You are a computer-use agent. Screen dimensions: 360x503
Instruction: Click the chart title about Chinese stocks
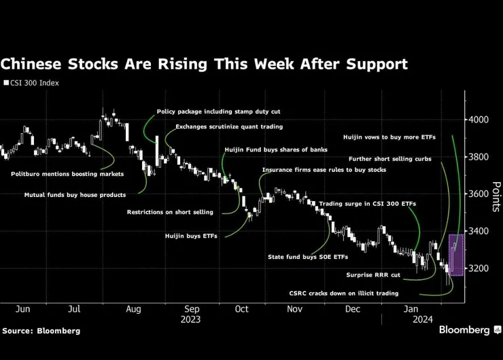[204, 65]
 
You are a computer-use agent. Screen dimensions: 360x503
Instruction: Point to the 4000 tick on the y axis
[479, 120]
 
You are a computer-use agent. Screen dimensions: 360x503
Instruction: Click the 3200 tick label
[479, 268]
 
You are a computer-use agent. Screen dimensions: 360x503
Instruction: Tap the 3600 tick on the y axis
[479, 194]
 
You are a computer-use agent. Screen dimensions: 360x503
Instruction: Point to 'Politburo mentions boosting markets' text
[67, 174]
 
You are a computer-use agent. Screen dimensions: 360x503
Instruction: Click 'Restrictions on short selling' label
[170, 212]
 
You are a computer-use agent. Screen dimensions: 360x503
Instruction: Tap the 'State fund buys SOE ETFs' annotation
[308, 257]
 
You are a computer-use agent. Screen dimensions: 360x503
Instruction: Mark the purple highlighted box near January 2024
[455, 254]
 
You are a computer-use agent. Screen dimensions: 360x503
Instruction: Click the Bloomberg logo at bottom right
[464, 330]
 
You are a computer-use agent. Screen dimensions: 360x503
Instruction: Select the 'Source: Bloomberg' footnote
[41, 331]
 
